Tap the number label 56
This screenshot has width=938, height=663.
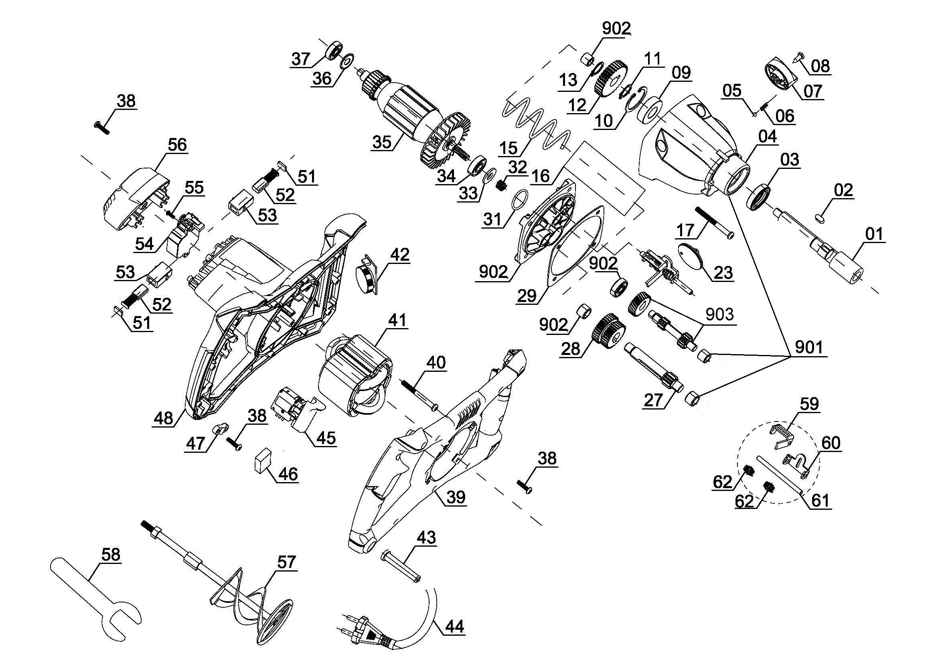click(177, 144)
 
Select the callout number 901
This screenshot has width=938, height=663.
click(808, 348)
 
